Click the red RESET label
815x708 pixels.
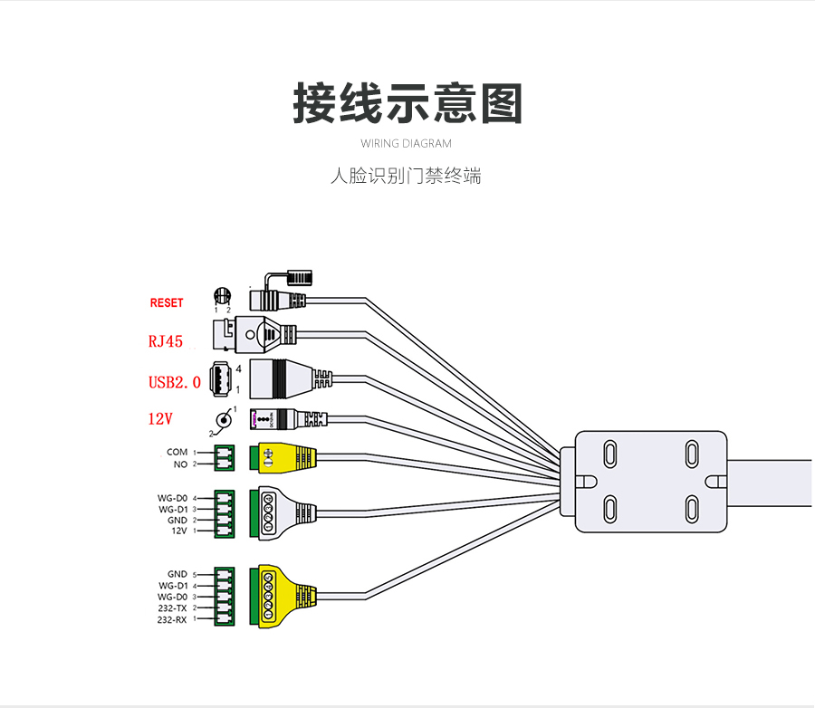click(x=167, y=303)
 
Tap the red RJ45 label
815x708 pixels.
click(x=166, y=341)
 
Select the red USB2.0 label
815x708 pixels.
click(x=174, y=382)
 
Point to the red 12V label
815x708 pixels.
click(x=160, y=419)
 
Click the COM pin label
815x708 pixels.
click(x=177, y=452)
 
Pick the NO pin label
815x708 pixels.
click(x=179, y=464)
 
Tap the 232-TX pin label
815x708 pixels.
click(x=171, y=608)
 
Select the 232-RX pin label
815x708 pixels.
click(x=171, y=620)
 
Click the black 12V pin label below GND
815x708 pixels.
click(x=178, y=531)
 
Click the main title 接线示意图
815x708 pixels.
click(x=407, y=104)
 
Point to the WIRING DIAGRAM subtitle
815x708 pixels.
click(x=406, y=144)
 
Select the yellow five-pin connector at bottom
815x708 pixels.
click(x=281, y=596)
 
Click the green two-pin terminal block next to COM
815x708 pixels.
click(x=224, y=458)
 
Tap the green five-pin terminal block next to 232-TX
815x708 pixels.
click(x=224, y=597)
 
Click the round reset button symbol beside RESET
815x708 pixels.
click(x=222, y=296)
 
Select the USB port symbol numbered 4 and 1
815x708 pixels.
click(x=221, y=378)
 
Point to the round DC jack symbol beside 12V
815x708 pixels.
click(x=223, y=420)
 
